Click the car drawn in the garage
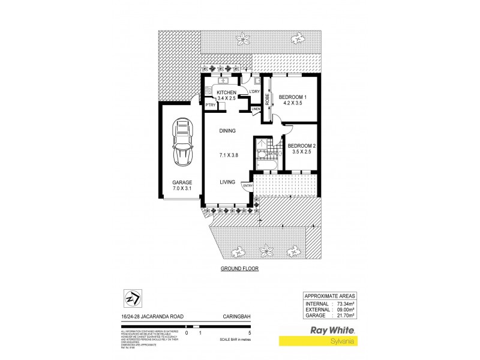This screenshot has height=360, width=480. (182, 142)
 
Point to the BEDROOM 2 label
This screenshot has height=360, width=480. (301, 146)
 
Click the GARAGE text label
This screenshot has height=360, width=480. (182, 182)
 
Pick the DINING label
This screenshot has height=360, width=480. (227, 131)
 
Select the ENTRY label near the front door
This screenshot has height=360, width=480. (248, 186)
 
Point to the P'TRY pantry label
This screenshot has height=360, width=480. (211, 106)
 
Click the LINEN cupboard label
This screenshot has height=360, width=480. (256, 109)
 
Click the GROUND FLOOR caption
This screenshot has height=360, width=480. (239, 269)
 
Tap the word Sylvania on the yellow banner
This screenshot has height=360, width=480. (341, 341)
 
